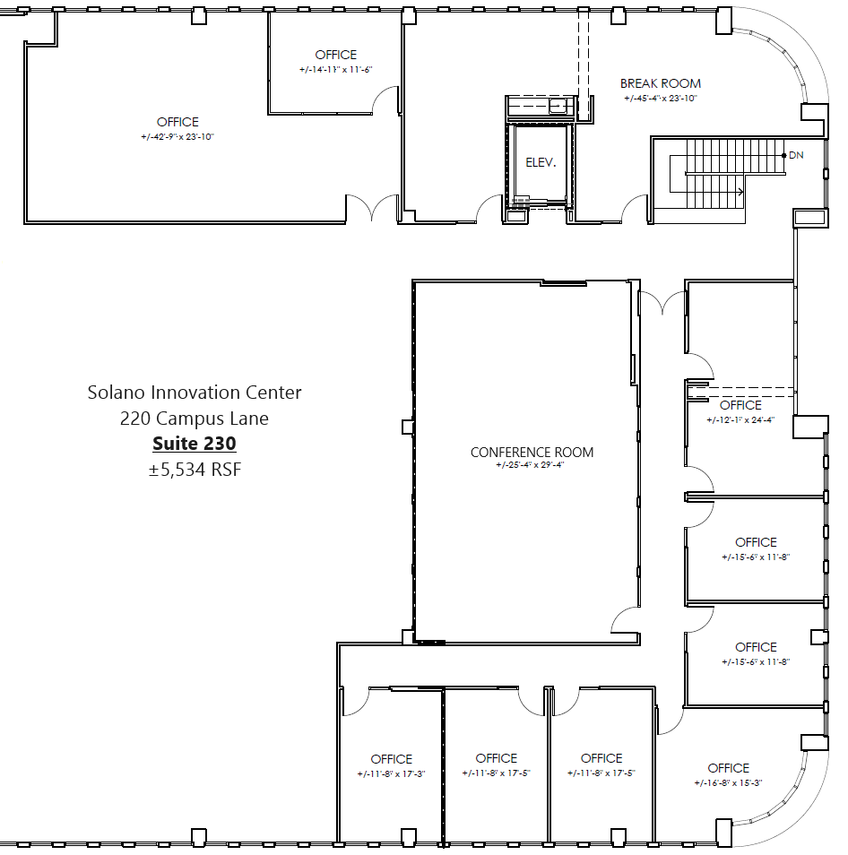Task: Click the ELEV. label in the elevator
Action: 541,163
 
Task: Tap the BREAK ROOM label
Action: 660,83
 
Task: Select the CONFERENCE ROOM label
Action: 532,453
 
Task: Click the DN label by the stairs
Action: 796,155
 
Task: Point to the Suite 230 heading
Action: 195,443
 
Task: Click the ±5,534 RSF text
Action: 195,469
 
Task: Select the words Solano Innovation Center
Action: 195,392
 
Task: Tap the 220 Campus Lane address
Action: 195,418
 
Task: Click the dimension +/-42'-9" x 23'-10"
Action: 177,136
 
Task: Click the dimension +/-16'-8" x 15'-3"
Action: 728,782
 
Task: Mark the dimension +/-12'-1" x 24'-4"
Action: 740,419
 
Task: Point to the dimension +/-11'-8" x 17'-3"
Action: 392,773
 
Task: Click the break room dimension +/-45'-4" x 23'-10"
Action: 660,98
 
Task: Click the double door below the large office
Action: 373,208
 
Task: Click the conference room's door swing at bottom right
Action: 625,618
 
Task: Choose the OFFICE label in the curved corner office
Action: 728,768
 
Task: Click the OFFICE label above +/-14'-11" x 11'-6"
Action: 335,55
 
